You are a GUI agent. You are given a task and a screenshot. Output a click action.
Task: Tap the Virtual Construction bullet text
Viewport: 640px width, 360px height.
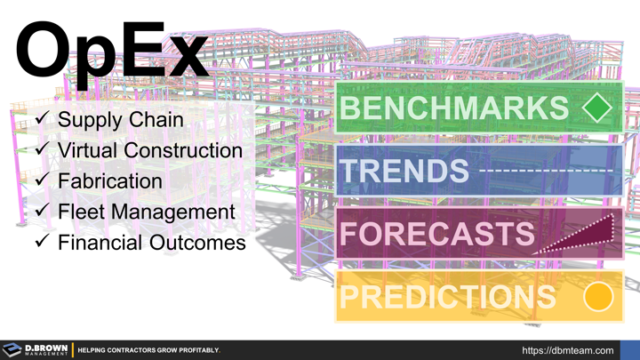pyautogui.click(x=149, y=150)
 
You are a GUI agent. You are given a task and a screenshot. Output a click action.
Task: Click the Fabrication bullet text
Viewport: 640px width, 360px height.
pyautogui.click(x=109, y=180)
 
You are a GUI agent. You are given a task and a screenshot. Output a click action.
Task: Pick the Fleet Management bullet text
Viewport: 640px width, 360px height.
pyautogui.click(x=146, y=212)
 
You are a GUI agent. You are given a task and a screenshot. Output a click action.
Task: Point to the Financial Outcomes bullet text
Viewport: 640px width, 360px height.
pyautogui.click(x=151, y=242)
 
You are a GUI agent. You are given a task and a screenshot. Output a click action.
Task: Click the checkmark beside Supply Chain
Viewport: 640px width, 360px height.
pyautogui.click(x=40, y=119)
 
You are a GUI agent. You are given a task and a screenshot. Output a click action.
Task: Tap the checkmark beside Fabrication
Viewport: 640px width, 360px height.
pyautogui.click(x=40, y=180)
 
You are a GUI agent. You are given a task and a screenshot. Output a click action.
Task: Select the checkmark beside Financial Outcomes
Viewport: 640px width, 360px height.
pyautogui.click(x=40, y=242)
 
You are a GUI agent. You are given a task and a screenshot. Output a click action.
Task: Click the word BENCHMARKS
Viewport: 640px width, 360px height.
pyautogui.click(x=453, y=108)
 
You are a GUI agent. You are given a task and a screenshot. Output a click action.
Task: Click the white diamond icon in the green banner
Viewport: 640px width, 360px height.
pyautogui.click(x=597, y=108)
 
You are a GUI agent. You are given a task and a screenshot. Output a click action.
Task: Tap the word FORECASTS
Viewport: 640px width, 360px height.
pyautogui.click(x=436, y=234)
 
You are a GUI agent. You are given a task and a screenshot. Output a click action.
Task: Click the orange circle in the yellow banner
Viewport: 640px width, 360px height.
pyautogui.click(x=599, y=298)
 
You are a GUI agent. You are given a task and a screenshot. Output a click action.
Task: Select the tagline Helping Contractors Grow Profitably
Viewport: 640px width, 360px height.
pyautogui.click(x=149, y=350)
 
